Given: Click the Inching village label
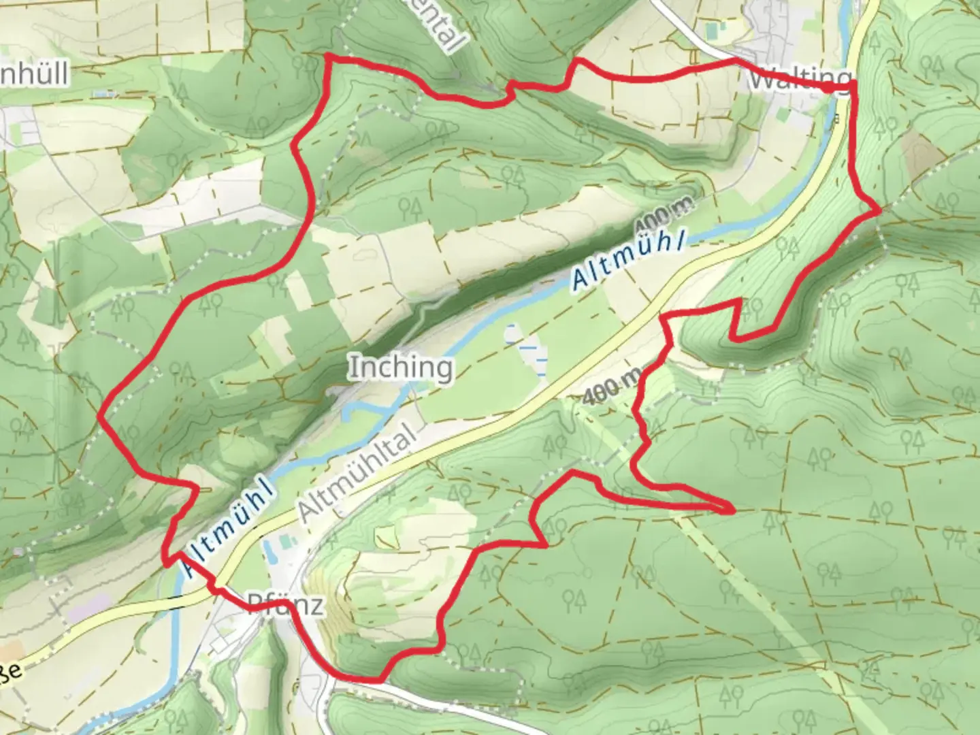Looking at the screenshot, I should coord(401,368).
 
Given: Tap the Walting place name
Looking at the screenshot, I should coord(800,80).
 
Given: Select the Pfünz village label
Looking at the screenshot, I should coord(284,605).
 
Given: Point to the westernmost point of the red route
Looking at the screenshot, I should coord(101,416).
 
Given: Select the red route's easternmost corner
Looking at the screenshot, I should coord(879,211).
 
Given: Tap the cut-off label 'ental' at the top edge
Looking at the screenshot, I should coord(445,26).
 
